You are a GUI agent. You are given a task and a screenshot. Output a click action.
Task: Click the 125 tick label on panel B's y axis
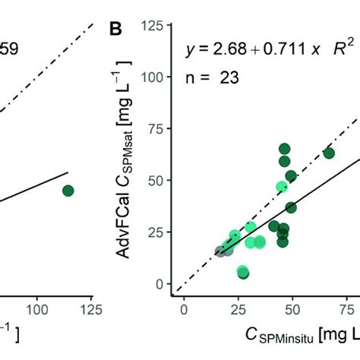(158, 26)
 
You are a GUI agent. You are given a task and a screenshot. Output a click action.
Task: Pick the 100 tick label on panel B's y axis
(158, 77)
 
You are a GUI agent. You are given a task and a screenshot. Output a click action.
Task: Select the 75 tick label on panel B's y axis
(161, 129)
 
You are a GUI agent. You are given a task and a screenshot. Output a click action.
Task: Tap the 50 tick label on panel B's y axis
(161, 181)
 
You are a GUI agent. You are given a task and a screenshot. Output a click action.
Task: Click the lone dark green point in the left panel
(68, 191)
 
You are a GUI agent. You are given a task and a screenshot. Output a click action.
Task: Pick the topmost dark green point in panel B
(285, 149)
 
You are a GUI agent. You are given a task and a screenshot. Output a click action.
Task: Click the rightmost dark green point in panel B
(329, 153)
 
